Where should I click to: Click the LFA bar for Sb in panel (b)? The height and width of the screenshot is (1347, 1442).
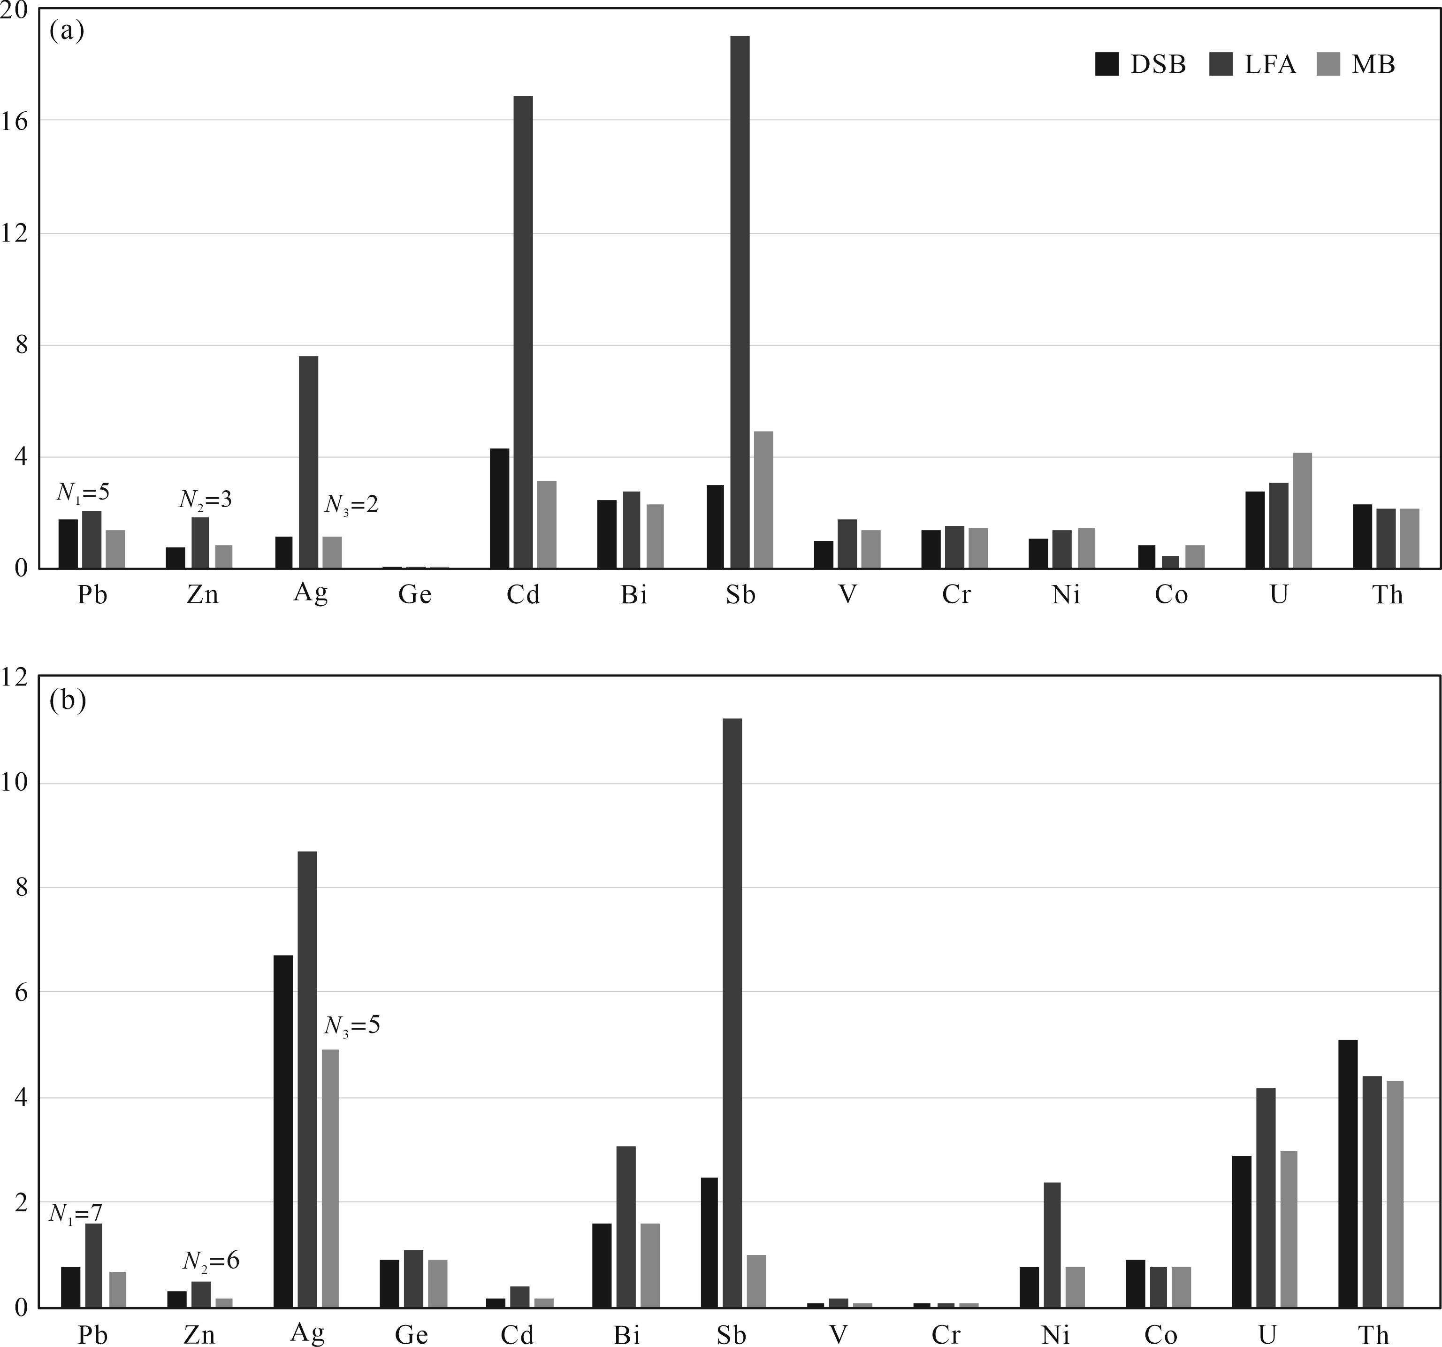732,1016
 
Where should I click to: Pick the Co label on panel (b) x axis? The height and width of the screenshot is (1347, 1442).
1160,1335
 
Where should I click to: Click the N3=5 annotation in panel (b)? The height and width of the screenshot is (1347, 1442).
352,1025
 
